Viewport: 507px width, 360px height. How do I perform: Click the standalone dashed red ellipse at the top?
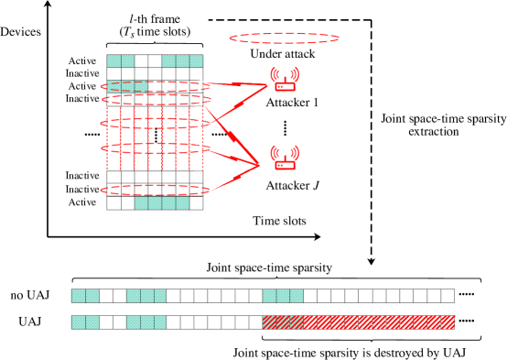[x=284, y=38]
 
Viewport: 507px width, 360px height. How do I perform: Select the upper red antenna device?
[x=285, y=81]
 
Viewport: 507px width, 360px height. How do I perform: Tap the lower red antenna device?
[x=285, y=158]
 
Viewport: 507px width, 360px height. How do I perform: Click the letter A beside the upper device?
[x=270, y=104]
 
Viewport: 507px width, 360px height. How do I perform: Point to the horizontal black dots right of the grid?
[x=220, y=135]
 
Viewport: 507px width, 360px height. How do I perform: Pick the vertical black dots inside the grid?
[x=156, y=135]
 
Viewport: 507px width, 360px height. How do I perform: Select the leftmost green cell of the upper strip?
[x=79, y=296]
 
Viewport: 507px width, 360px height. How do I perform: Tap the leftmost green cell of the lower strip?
[x=79, y=322]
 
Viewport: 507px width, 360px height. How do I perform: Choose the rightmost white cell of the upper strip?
[x=448, y=296]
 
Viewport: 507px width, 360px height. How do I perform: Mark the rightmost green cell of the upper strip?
[x=297, y=296]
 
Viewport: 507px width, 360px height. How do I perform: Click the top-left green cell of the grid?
[x=113, y=61]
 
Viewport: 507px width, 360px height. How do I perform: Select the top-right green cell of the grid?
[x=196, y=61]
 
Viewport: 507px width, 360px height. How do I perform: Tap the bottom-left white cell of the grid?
[x=113, y=202]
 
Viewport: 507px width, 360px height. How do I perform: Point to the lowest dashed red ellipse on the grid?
[x=154, y=190]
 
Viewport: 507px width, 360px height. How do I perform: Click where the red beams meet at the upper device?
[x=266, y=85]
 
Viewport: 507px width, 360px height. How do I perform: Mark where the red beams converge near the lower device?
[x=258, y=165]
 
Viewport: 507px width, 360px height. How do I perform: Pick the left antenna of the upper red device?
[x=275, y=73]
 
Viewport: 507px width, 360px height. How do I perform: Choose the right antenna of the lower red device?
[x=296, y=151]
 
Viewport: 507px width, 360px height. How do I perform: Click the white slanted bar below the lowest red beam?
[x=233, y=181]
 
